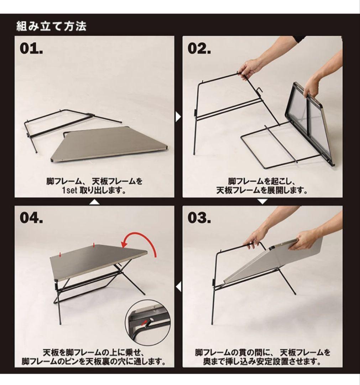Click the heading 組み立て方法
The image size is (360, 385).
51,26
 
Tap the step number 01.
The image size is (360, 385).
31,48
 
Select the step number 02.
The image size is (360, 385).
199,48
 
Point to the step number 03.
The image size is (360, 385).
199,218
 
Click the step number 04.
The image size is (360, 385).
31,218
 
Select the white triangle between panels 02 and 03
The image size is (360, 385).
262,201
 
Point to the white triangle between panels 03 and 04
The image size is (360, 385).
178,287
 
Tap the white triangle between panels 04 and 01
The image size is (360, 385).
94,202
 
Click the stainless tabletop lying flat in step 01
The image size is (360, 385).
109,144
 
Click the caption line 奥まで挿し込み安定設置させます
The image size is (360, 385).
262,361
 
